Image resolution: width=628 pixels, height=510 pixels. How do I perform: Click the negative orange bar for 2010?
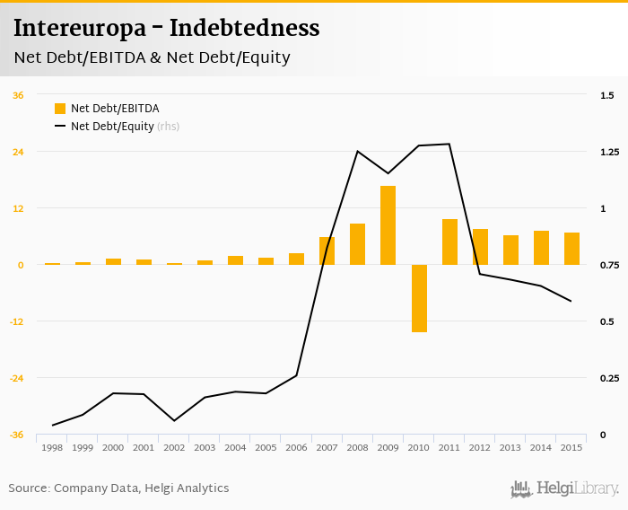pyautogui.click(x=419, y=298)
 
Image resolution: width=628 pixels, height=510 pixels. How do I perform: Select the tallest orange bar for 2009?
pyautogui.click(x=388, y=225)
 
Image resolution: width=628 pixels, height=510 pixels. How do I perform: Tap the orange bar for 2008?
pyautogui.click(x=358, y=244)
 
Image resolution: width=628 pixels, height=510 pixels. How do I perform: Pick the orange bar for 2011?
pyautogui.click(x=449, y=242)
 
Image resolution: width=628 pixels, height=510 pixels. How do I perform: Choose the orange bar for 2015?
pyautogui.click(x=571, y=249)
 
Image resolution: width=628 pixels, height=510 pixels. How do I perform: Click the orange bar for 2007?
pyautogui.click(x=327, y=251)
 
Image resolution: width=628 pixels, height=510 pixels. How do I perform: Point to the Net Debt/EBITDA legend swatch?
pyautogui.click(x=60, y=109)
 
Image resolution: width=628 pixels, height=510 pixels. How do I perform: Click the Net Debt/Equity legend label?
pyautogui.click(x=112, y=127)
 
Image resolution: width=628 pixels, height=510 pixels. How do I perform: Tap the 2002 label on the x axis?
pyautogui.click(x=174, y=447)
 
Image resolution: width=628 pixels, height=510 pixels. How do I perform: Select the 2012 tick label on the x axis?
pyautogui.click(x=479, y=447)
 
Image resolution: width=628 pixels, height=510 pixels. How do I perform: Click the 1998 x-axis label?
pyautogui.click(x=52, y=447)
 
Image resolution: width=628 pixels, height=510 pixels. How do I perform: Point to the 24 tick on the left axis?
pyautogui.click(x=18, y=152)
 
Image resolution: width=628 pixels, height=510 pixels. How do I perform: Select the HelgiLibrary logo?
pyautogui.click(x=565, y=488)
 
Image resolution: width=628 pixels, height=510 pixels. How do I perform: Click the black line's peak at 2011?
pyautogui.click(x=449, y=144)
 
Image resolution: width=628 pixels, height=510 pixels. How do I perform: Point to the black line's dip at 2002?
pyautogui.click(x=174, y=420)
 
